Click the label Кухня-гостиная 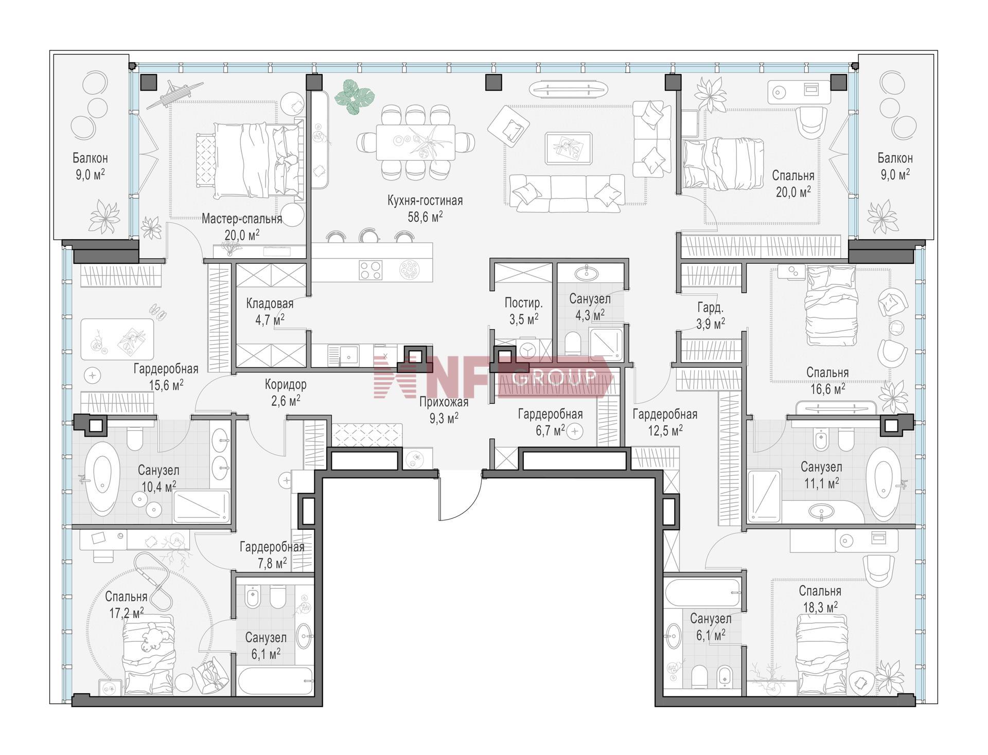point(425,201)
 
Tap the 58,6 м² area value point(425,217)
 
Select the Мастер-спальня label point(241,219)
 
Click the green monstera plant point(355,96)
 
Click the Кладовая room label point(270,303)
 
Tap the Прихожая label point(444,402)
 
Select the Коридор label point(286,384)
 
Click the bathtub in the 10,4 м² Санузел point(102,478)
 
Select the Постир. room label point(524,303)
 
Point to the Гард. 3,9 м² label point(711,315)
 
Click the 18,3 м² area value point(820,607)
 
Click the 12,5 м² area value point(665,429)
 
